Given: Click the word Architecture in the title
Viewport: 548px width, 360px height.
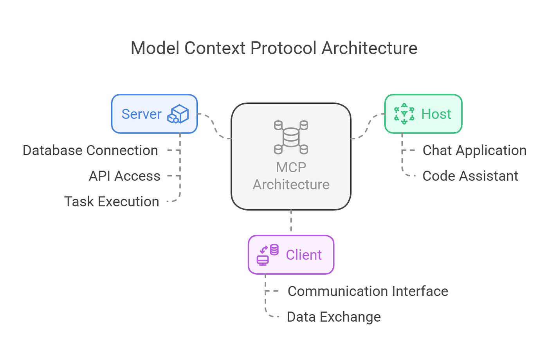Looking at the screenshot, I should point(369,49).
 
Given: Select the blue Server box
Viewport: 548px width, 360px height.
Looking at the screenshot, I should point(154,114).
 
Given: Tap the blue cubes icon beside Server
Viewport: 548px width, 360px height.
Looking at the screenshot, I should point(178,114).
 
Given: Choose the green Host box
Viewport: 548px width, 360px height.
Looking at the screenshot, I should point(423,114).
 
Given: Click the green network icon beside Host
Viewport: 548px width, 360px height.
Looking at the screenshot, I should point(404,114).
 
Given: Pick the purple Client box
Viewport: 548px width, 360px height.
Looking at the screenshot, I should point(291,255).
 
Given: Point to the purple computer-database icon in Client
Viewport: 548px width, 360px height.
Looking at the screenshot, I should point(267,255).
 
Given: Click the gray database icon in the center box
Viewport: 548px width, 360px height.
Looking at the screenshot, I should point(291,137).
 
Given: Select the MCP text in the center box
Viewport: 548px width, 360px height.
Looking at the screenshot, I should point(291,167).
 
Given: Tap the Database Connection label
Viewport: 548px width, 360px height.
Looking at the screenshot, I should point(90,151).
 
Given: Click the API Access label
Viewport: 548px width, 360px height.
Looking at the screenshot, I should point(124,176).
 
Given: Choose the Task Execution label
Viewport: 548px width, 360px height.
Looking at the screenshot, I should point(112,202).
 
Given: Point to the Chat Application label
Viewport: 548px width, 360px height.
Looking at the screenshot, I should point(474,151).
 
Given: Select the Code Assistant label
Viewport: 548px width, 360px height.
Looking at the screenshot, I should point(470,176).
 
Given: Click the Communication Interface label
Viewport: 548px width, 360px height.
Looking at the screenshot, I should point(368,292).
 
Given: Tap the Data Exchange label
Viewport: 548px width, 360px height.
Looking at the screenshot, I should point(333,317).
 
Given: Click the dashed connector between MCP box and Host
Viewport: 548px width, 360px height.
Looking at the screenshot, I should point(368,126).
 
